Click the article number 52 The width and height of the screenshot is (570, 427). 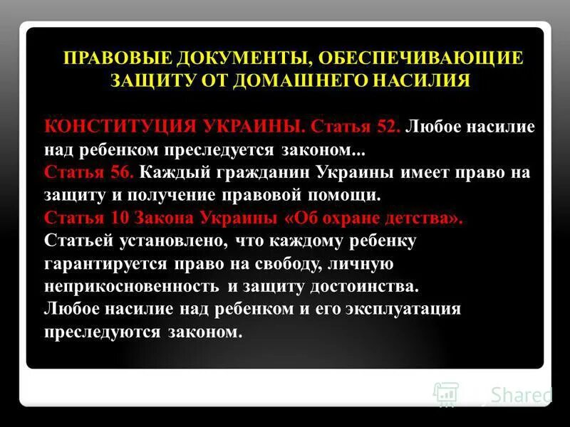pos(388,126)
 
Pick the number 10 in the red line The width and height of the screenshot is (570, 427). pos(120,218)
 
